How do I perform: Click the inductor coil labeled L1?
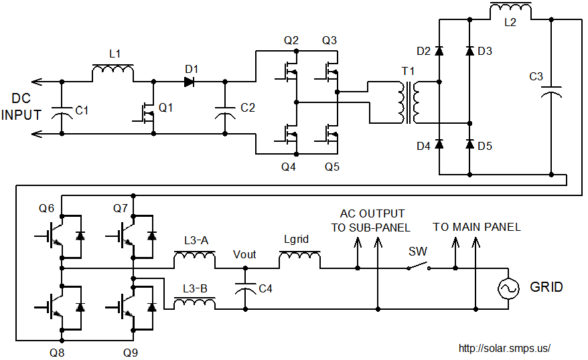pyautogui.click(x=112, y=71)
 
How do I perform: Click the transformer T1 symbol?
pyautogui.click(x=408, y=103)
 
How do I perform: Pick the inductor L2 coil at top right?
pyautogui.click(x=511, y=9)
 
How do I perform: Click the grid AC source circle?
pyautogui.click(x=507, y=289)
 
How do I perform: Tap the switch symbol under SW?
pyautogui.click(x=419, y=267)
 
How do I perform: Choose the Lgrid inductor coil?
pyautogui.click(x=299, y=257)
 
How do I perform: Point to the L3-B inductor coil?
pyautogui.click(x=194, y=304)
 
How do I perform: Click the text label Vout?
pyautogui.click(x=244, y=254)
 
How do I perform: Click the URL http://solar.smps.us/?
pyautogui.click(x=504, y=349)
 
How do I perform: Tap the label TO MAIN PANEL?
pyautogui.click(x=476, y=227)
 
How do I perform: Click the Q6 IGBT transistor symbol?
pyautogui.click(x=62, y=236)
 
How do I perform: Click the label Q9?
pyautogui.click(x=131, y=350)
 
